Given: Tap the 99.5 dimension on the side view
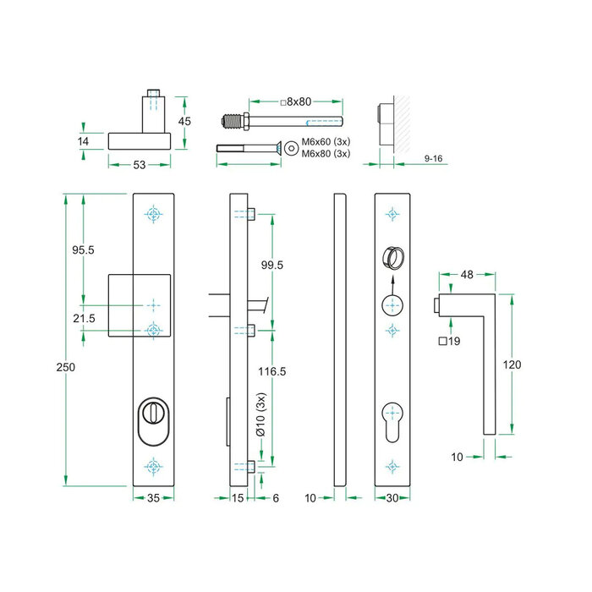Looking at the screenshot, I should click(271, 265).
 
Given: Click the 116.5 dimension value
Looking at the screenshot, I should click(271, 371).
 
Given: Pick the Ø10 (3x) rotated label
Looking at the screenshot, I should click(262, 415).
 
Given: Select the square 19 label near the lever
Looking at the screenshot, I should click(449, 343).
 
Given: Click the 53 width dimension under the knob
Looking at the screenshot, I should click(140, 163).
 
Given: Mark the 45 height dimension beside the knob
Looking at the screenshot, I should click(185, 121).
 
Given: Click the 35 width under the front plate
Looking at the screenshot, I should click(153, 498).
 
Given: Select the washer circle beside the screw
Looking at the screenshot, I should click(291, 147).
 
